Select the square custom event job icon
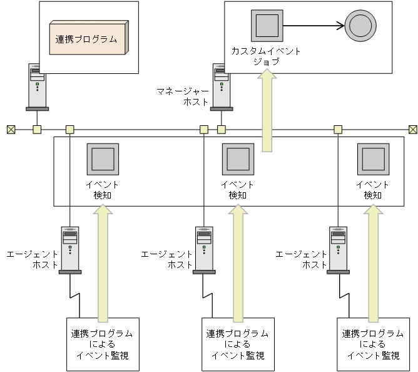click(x=267, y=26)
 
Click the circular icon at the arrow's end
click(x=361, y=26)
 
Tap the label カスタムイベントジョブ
click(x=266, y=56)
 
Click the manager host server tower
click(x=221, y=86)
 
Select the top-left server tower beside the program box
click(x=37, y=86)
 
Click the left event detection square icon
click(x=103, y=158)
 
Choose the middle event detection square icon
click(x=238, y=158)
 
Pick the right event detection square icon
click(x=373, y=158)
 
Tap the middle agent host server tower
click(x=204, y=249)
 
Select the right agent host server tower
click(x=338, y=249)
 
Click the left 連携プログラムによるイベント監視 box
click(x=103, y=344)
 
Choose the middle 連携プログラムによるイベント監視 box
click(x=238, y=344)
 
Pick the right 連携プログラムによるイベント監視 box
click(x=373, y=344)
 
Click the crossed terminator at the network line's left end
click(x=10, y=130)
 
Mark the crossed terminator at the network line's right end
click(x=412, y=130)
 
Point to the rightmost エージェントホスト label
click(x=302, y=259)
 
